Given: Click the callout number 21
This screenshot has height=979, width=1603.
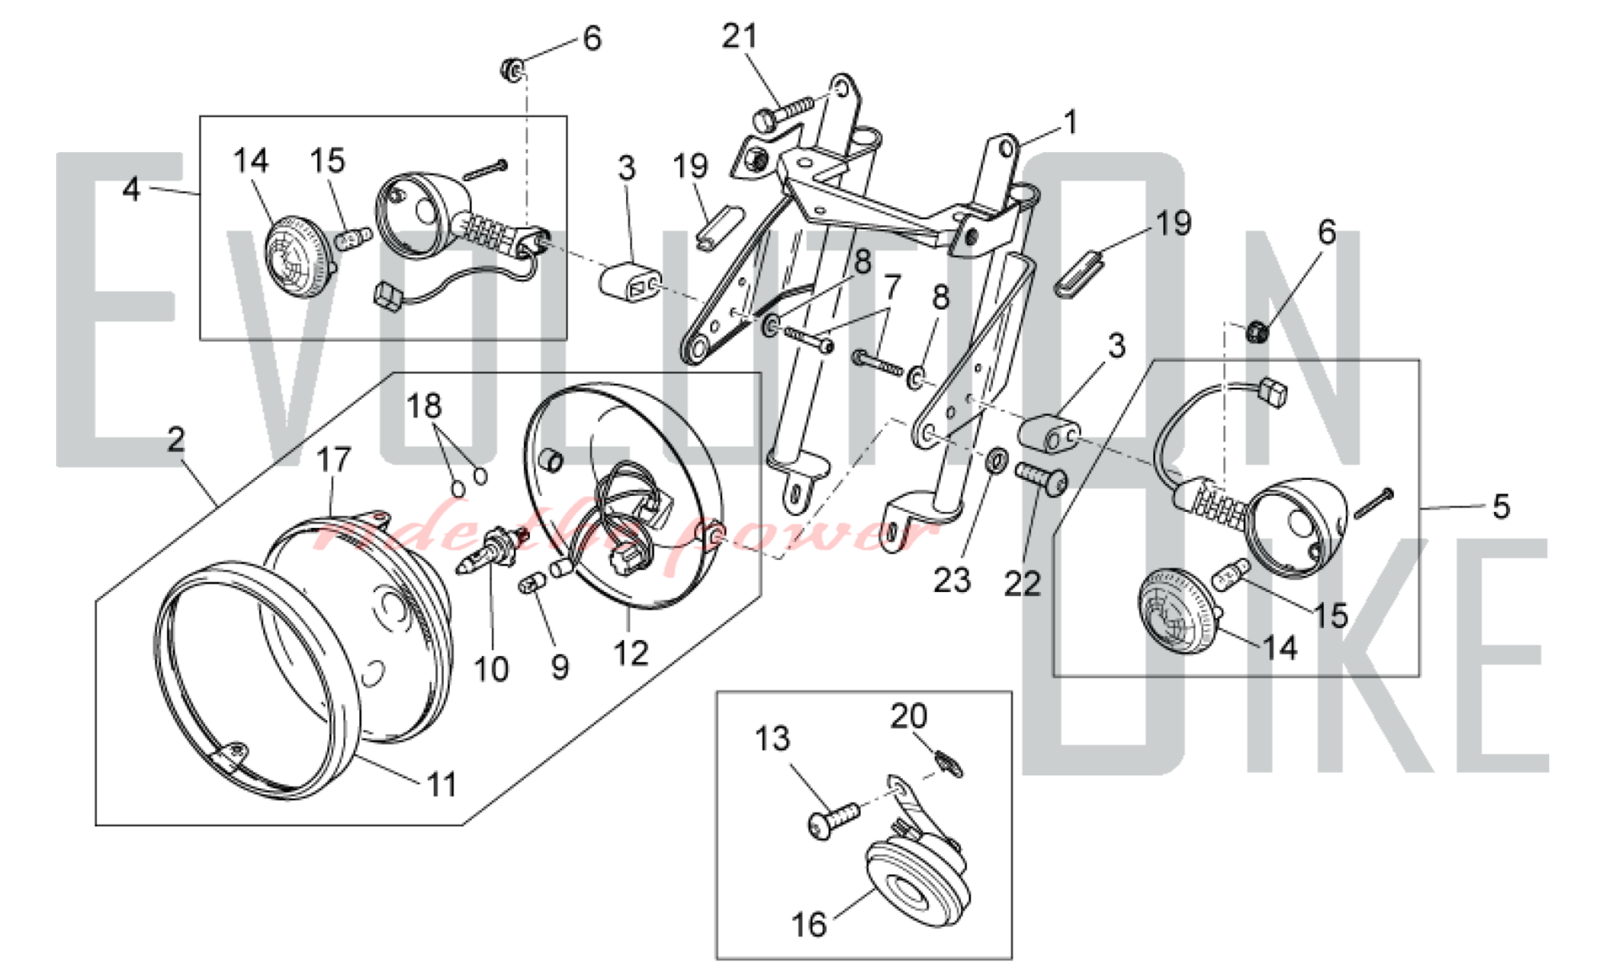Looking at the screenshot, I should pyautogui.click(x=739, y=36).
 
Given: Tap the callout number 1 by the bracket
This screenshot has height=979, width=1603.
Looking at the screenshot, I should pyautogui.click(x=1070, y=123).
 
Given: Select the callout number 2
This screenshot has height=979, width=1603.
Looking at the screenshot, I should pyautogui.click(x=176, y=440).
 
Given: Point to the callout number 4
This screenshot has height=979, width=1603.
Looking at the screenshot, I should pyautogui.click(x=131, y=189).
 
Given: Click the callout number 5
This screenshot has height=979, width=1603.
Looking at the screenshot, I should pyautogui.click(x=1500, y=506).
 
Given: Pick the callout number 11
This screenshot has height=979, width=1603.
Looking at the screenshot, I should pyautogui.click(x=442, y=784).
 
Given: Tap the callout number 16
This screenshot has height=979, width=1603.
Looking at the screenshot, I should pyautogui.click(x=809, y=924).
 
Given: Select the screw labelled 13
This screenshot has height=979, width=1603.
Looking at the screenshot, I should pyautogui.click(x=832, y=821).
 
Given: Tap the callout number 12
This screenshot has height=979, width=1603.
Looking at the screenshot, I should pyautogui.click(x=630, y=654).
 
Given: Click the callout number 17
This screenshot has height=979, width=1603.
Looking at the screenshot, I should pyautogui.click(x=333, y=460).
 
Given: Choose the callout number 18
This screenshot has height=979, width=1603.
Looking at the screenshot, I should pyautogui.click(x=424, y=406).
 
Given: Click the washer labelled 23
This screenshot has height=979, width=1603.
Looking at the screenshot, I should pyautogui.click(x=994, y=461).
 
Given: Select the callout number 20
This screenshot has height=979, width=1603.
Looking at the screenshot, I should pyautogui.click(x=908, y=715).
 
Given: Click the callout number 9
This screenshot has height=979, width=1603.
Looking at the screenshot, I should pyautogui.click(x=560, y=667).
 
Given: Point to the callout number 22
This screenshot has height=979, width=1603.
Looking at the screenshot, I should pyautogui.click(x=1022, y=584).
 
